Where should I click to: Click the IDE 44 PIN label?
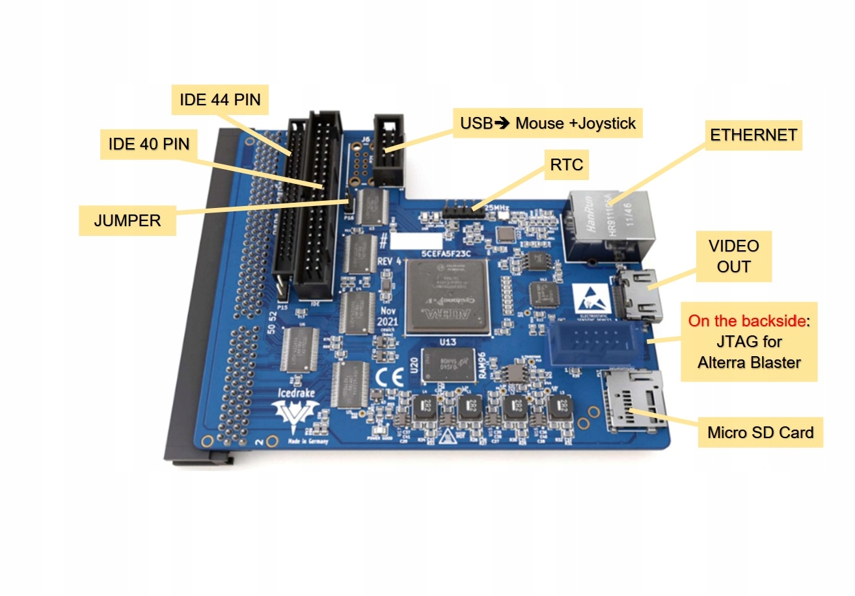[220, 100]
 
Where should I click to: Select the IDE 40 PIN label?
[148, 144]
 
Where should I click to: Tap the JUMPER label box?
[128, 220]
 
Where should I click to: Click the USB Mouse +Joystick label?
[548, 123]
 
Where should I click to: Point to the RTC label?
[565, 166]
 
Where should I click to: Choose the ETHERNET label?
[753, 135]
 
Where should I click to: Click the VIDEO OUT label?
[734, 256]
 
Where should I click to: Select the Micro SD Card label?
[760, 432]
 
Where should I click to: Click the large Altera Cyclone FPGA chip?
[446, 296]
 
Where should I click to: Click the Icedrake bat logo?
[295, 416]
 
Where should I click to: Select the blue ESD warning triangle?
[591, 298]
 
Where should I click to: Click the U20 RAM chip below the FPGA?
[449, 364]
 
